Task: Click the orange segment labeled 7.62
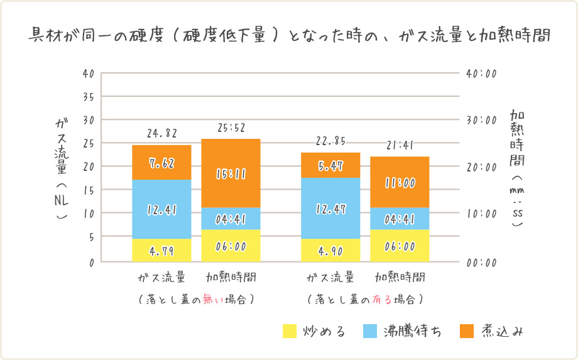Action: coord(161,163)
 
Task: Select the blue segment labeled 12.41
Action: coord(161,209)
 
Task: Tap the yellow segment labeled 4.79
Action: coord(161,251)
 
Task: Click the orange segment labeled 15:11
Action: coord(231,173)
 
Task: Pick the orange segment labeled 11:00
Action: coord(400,182)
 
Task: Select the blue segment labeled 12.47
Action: coord(330,209)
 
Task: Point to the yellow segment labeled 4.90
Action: coord(330,251)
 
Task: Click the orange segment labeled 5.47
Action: coord(330,166)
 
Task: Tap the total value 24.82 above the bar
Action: coord(162,133)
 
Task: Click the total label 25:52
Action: coord(231,128)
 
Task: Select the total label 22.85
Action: coord(330,141)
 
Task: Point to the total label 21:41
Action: coord(400,145)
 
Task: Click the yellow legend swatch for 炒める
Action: coord(290,330)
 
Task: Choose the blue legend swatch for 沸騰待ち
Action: coord(370,330)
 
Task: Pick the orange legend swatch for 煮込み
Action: coord(467,330)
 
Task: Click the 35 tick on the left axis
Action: coord(88,97)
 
